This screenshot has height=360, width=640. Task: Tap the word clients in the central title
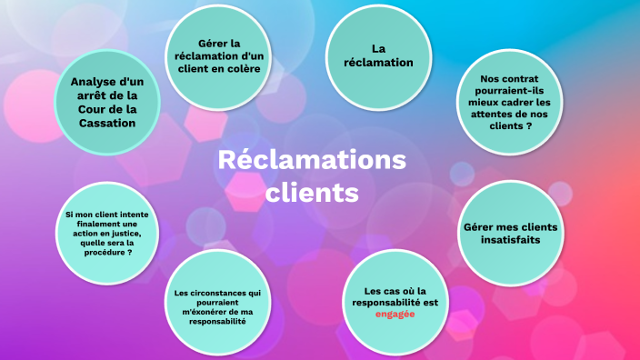[x=312, y=193]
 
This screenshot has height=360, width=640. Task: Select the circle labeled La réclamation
[x=379, y=56]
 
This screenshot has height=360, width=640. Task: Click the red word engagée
[x=395, y=314]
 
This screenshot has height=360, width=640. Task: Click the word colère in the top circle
[x=245, y=67]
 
